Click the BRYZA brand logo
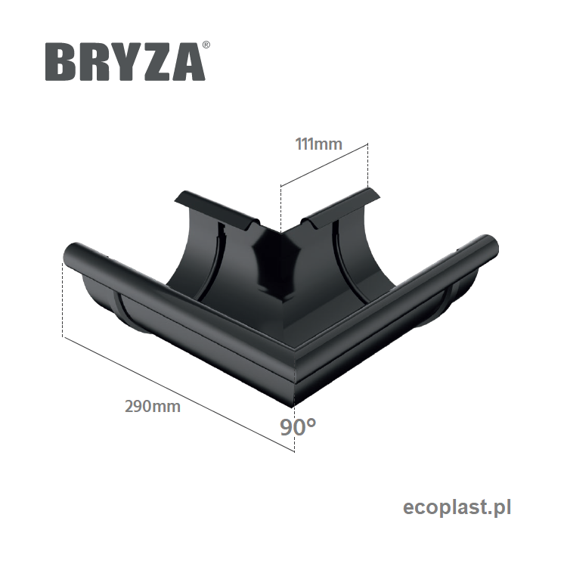click(125, 61)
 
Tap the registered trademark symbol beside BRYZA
click(206, 46)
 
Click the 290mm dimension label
click(152, 406)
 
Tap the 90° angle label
click(297, 427)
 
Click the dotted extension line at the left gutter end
click(62, 302)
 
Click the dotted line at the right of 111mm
click(367, 166)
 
